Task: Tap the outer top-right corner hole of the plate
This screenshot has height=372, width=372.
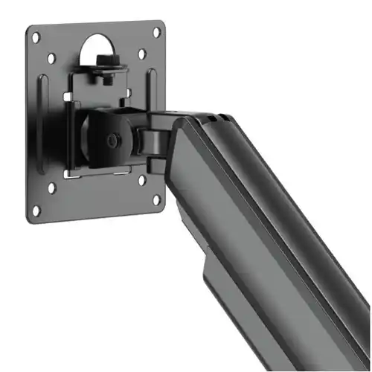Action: coord(158,33)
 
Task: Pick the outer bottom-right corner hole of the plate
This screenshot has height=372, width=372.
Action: coord(158,199)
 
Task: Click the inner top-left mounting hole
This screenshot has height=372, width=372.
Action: coord(51,57)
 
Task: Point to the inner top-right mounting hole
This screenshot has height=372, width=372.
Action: coord(141,53)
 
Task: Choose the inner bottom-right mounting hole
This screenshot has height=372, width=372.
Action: coord(141,179)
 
